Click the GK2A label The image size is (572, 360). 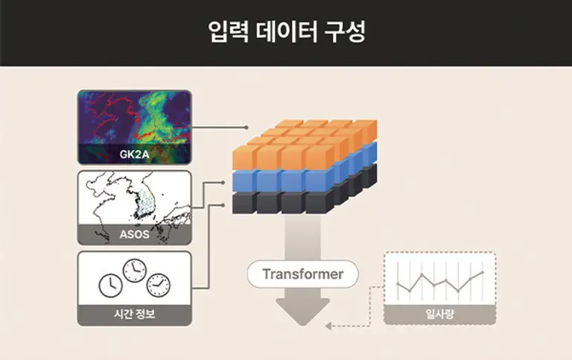tap(134, 155)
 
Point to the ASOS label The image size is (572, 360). tap(134, 235)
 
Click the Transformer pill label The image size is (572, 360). tap(303, 274)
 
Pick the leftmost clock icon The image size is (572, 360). tap(110, 284)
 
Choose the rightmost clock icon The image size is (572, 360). tap(159, 284)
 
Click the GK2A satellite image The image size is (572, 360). tap(134, 119)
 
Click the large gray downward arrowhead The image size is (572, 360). tap(303, 312)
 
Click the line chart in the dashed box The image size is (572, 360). tap(439, 281)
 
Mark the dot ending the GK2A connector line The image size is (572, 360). tap(247, 127)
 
